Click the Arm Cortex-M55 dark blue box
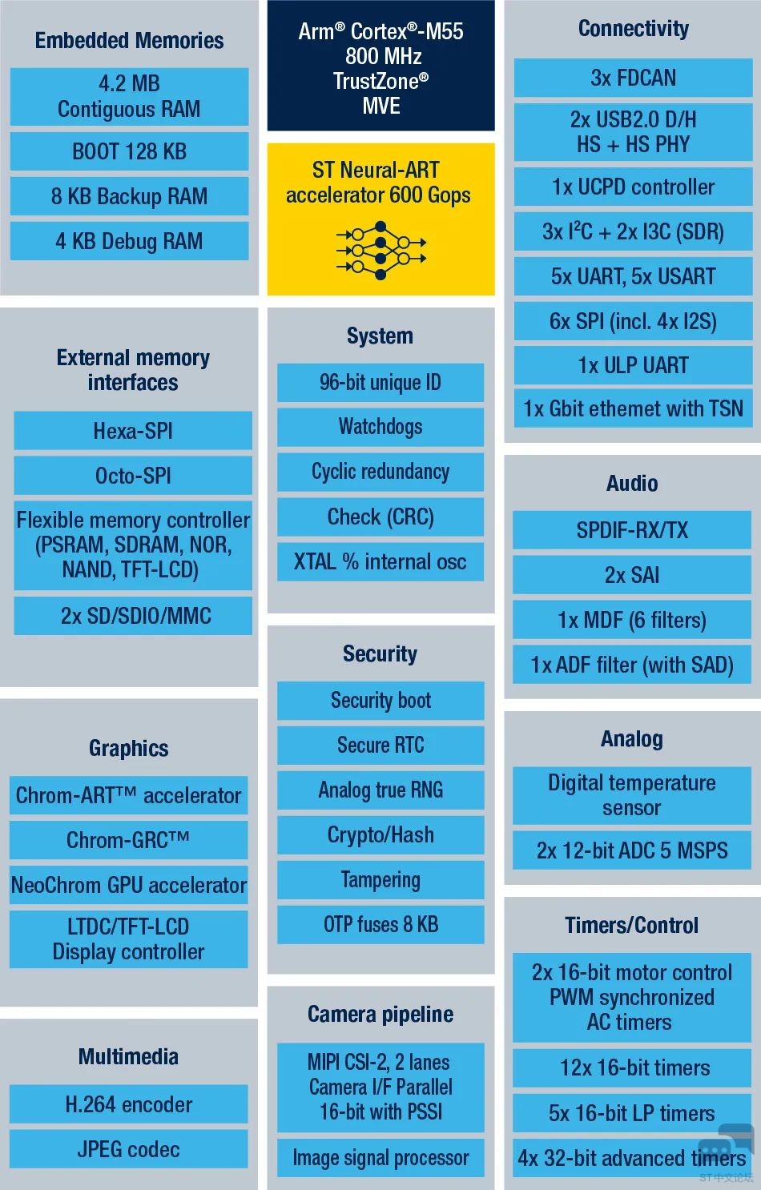tap(380, 66)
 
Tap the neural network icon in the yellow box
tap(380, 250)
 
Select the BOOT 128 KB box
tap(129, 151)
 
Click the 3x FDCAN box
tap(633, 78)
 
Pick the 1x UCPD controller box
tap(633, 187)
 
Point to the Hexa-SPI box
tap(133, 431)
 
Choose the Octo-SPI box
tap(133, 476)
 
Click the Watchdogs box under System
tap(380, 427)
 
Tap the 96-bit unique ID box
tap(380, 383)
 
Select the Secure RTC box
tap(380, 746)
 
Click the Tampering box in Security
tap(380, 880)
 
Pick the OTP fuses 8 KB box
tap(380, 925)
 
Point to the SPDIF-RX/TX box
tap(632, 530)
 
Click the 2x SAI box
tap(632, 575)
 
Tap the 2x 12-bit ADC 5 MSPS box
tap(632, 850)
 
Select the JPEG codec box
tap(129, 1149)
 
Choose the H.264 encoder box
tap(129, 1104)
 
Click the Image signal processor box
tap(380, 1158)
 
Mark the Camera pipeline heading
tap(380, 1014)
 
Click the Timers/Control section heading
tap(632, 926)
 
